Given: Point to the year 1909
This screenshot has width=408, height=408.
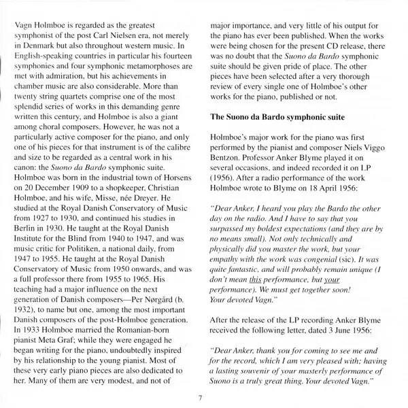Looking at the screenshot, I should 83,197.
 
